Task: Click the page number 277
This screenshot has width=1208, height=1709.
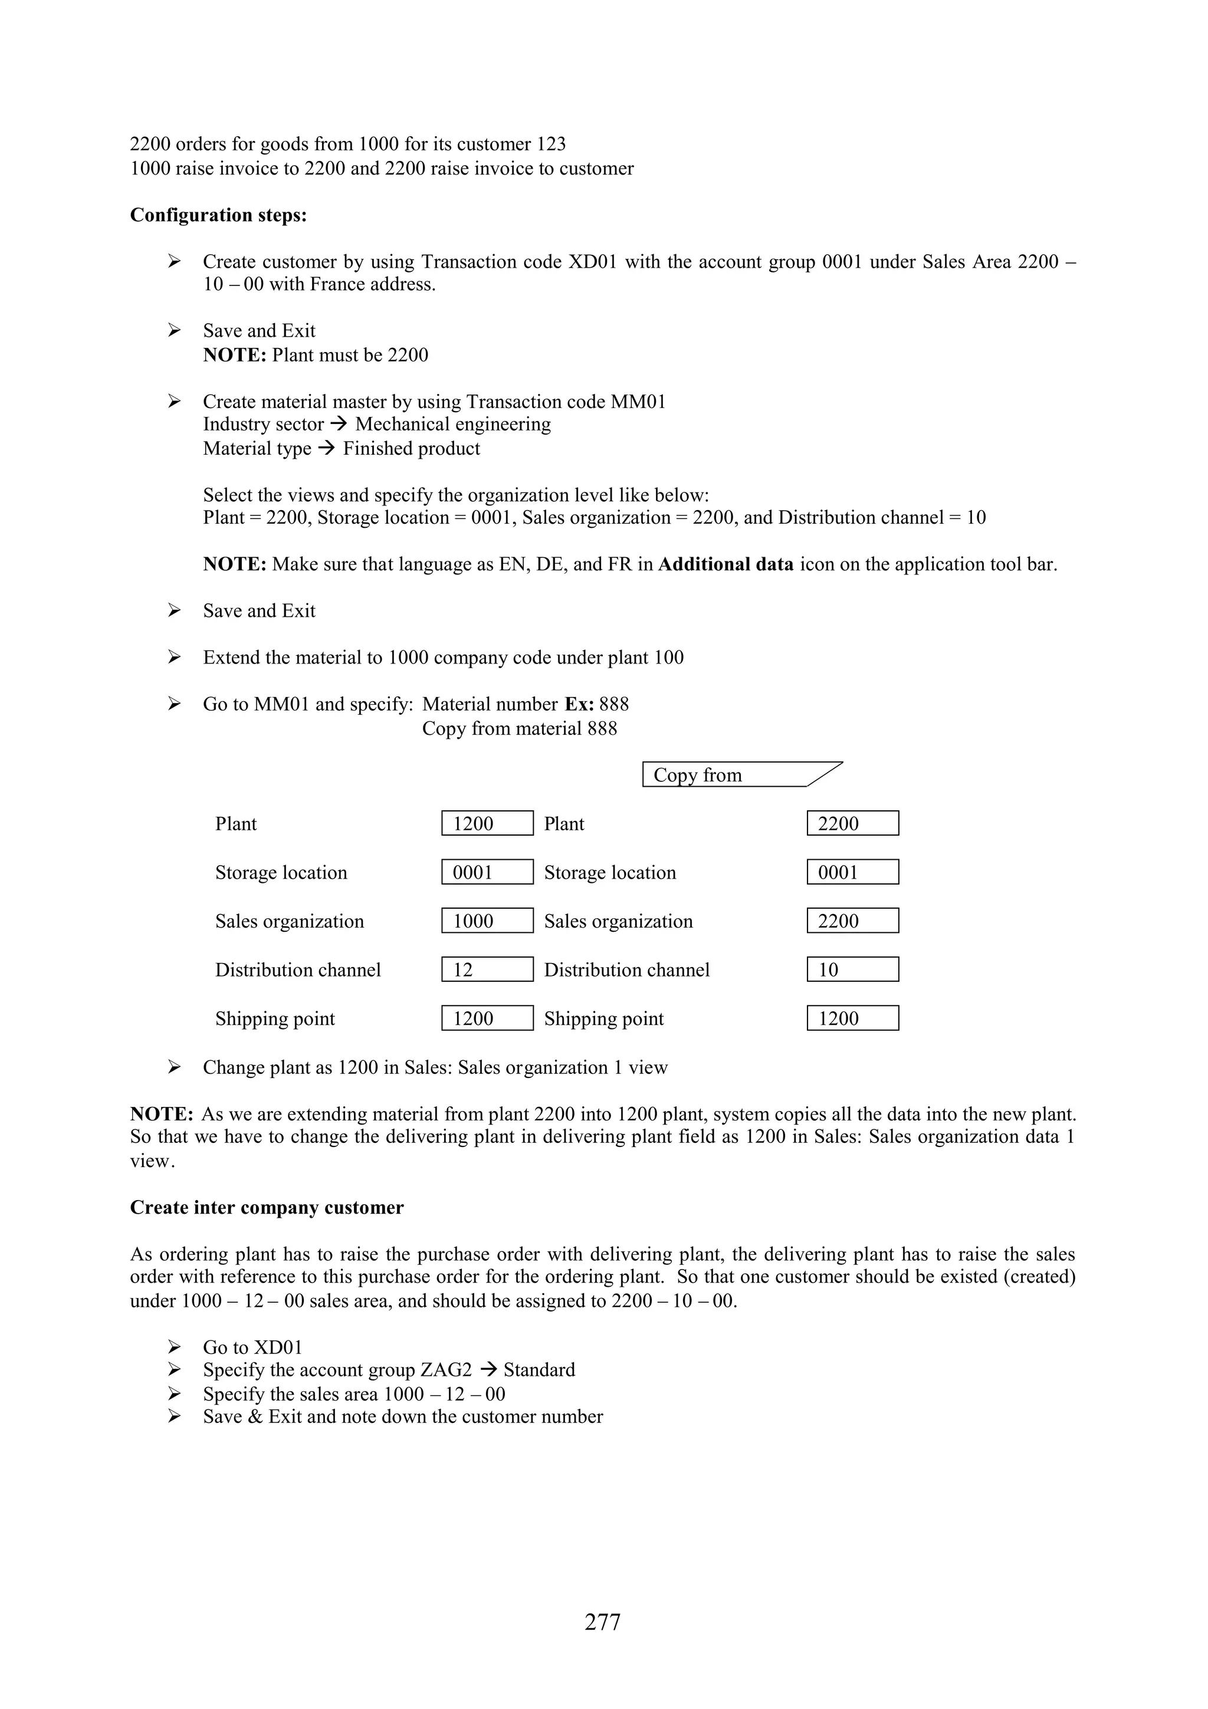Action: [x=602, y=1621]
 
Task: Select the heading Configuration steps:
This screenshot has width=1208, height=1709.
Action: [x=218, y=215]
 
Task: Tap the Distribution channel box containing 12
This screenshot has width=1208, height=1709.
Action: [x=487, y=969]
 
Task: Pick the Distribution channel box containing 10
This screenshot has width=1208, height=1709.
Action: [x=852, y=969]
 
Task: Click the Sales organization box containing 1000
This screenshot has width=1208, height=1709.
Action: [x=487, y=921]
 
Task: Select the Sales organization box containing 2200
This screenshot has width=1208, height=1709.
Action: [x=852, y=921]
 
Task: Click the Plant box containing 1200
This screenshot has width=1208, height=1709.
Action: [x=487, y=823]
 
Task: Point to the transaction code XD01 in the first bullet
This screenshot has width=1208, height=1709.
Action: [x=592, y=262]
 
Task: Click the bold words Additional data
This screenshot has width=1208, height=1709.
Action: [x=726, y=564]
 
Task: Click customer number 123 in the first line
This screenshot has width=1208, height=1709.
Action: [x=550, y=144]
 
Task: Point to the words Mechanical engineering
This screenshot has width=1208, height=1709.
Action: [x=452, y=424]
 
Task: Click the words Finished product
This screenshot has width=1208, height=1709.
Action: [x=411, y=449]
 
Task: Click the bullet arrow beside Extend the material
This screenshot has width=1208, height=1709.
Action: [x=174, y=658]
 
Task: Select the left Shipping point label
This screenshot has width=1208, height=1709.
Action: [x=275, y=1018]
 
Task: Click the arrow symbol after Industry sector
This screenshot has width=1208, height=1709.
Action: [x=339, y=424]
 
